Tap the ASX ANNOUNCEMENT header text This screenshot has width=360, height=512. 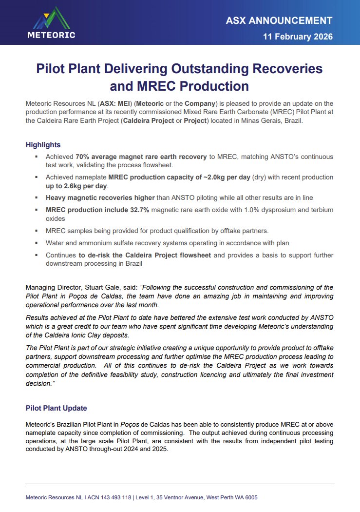coord(279,20)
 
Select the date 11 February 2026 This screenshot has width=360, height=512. coord(298,37)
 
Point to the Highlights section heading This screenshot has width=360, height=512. coord(43,145)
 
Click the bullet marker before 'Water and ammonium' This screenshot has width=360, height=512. coord(36,242)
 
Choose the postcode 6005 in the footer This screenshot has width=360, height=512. coord(250,498)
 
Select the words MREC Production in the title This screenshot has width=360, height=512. coord(179,86)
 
